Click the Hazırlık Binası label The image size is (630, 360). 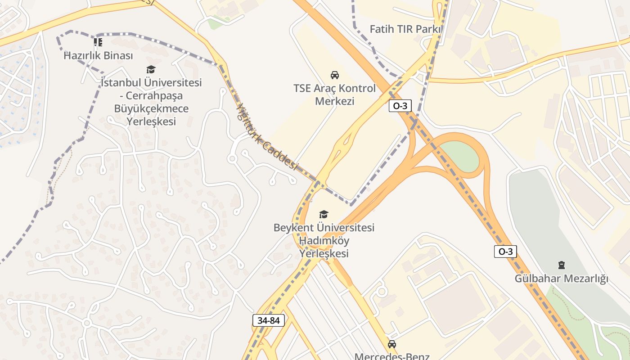tap(98, 56)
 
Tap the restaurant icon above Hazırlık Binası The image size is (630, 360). tap(98, 42)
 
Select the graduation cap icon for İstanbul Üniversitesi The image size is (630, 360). tap(151, 69)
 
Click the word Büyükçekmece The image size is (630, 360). tap(151, 109)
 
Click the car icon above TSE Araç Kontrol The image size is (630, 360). tap(334, 75)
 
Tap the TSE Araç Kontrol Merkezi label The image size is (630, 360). tap(334, 94)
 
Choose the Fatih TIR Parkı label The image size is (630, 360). tap(405, 29)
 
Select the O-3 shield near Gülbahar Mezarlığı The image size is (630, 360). tap(505, 252)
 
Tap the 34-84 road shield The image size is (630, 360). tap(269, 320)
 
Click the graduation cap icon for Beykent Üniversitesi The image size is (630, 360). tap(324, 214)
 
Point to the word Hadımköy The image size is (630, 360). tap(324, 241)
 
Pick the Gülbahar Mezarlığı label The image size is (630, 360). tap(561, 279)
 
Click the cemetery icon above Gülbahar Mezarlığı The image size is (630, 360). tap(561, 265)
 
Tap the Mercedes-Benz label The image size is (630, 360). tap(391, 356)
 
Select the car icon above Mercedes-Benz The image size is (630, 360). tap(391, 344)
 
